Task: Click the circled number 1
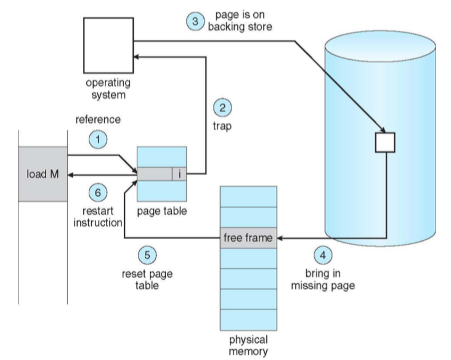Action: [x=98, y=139]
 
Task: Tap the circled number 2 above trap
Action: [x=222, y=108]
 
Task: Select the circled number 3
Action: [x=195, y=22]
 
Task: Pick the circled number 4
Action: [x=323, y=255]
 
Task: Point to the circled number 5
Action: [x=147, y=255]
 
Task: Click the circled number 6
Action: [x=98, y=192]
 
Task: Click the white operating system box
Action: [x=108, y=46]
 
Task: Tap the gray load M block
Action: [x=43, y=174]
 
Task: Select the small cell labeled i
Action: [x=179, y=174]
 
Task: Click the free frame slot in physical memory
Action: [x=248, y=238]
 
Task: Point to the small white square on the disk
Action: [x=385, y=142]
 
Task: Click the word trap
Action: [x=222, y=126]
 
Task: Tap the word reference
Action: [x=98, y=120]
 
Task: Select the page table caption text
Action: [x=161, y=211]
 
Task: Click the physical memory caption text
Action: [x=248, y=345]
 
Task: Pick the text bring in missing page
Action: [x=323, y=279]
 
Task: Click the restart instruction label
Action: [x=98, y=217]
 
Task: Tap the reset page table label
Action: [x=147, y=279]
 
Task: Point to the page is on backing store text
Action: [x=240, y=21]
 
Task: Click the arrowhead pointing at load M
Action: [x=70, y=174]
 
